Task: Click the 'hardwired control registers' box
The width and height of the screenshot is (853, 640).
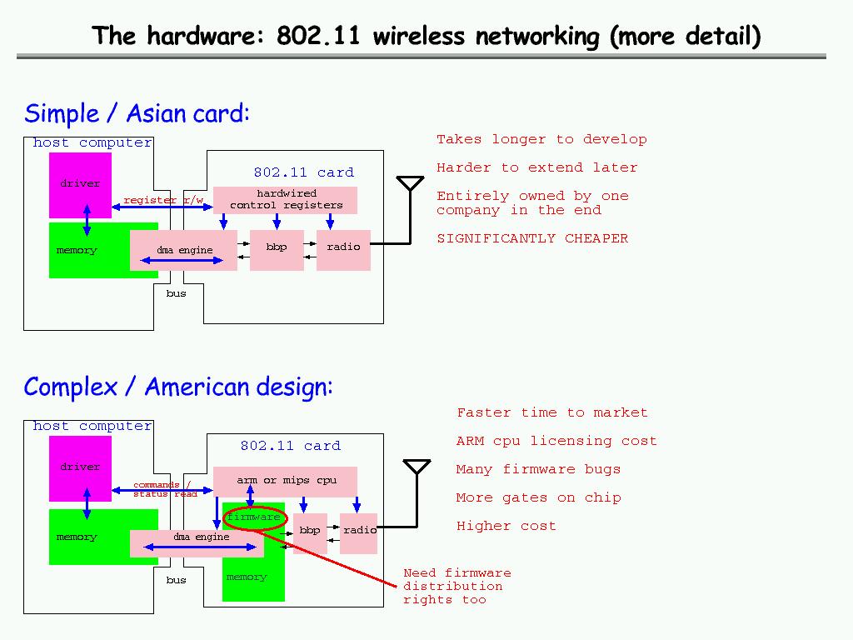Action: point(286,200)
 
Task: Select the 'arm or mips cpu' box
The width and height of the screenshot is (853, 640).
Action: point(286,481)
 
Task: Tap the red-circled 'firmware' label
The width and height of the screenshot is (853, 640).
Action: point(254,517)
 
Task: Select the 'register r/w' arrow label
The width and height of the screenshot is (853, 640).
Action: point(163,200)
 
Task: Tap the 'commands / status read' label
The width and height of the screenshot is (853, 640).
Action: point(164,489)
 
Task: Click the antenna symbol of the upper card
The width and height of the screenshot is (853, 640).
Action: point(409,184)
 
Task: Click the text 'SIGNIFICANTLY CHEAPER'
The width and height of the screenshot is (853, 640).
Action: point(532,238)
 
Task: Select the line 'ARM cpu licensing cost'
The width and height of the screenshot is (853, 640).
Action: point(556,441)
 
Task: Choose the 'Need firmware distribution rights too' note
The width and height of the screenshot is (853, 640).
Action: point(456,586)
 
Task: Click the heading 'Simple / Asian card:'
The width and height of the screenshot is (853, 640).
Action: point(137,113)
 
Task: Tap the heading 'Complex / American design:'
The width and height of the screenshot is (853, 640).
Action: point(178,387)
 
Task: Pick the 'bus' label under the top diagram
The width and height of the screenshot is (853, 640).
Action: point(176,293)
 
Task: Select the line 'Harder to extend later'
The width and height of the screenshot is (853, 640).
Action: point(536,167)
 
